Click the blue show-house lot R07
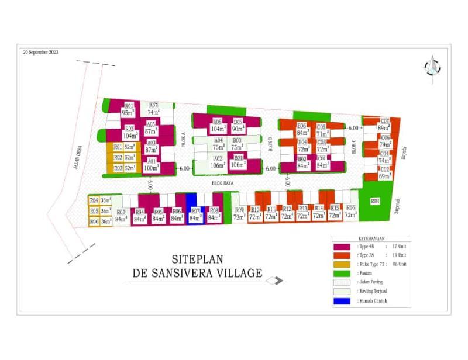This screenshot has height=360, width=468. pyautogui.click(x=195, y=214)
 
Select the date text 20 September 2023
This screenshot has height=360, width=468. pyautogui.click(x=40, y=52)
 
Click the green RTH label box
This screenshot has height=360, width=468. pyautogui.click(x=375, y=202)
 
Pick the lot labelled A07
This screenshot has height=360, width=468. pyautogui.click(x=153, y=106)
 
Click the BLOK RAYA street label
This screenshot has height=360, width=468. pyautogui.click(x=222, y=184)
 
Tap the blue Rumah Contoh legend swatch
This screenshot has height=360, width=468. pyautogui.click(x=345, y=302)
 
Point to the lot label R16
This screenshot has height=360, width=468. pyautogui.click(x=350, y=209)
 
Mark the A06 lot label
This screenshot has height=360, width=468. pyautogui.click(x=218, y=122)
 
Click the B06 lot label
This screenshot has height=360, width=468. pyautogui.click(x=302, y=126)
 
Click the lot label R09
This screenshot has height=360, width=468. pyautogui.click(x=239, y=210)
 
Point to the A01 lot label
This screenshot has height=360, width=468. pyautogui.click(x=151, y=161)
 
